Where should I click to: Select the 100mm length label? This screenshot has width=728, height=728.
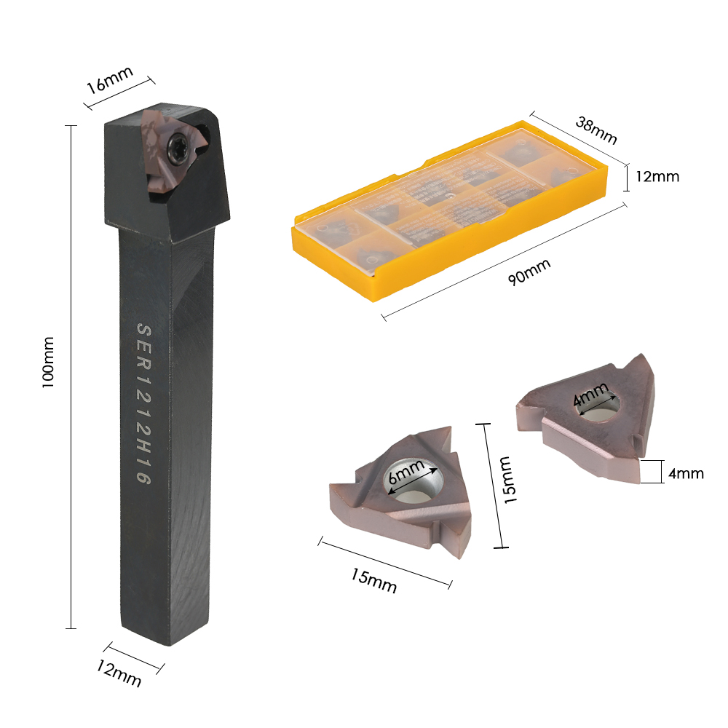[x=49, y=361]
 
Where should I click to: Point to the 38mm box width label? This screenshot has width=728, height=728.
[x=596, y=130]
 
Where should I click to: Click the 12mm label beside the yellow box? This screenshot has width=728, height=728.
[x=656, y=176]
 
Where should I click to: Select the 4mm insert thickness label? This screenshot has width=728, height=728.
[x=685, y=473]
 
